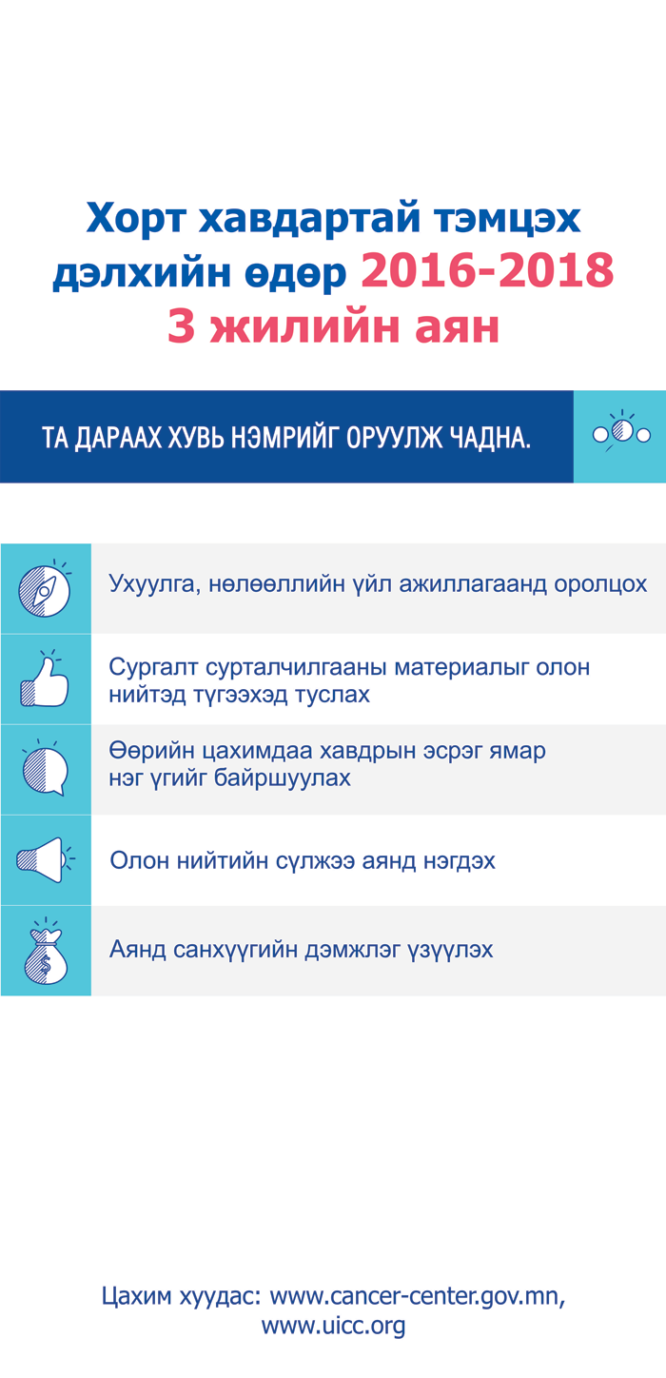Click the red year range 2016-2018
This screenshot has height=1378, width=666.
(x=487, y=270)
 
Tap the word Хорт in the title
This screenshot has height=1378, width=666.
(x=136, y=218)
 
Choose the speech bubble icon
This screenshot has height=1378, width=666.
(x=45, y=768)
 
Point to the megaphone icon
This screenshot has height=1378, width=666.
(x=45, y=860)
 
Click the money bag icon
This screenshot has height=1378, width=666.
(x=46, y=951)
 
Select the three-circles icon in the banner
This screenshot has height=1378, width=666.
(x=621, y=431)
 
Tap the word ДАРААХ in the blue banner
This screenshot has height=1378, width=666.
(x=115, y=438)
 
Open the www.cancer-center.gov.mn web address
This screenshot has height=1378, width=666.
(x=418, y=1295)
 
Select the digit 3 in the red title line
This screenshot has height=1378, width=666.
(x=182, y=326)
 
